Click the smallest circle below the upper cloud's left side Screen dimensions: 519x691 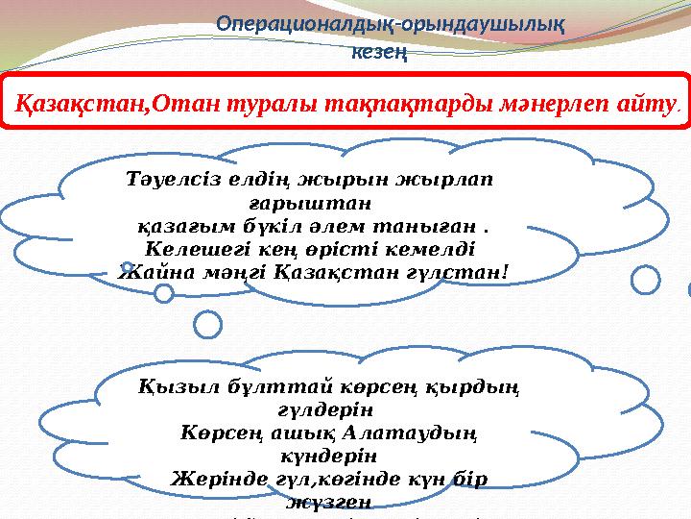coord(165,291)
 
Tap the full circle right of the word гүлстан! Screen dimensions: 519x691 coord(647,280)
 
